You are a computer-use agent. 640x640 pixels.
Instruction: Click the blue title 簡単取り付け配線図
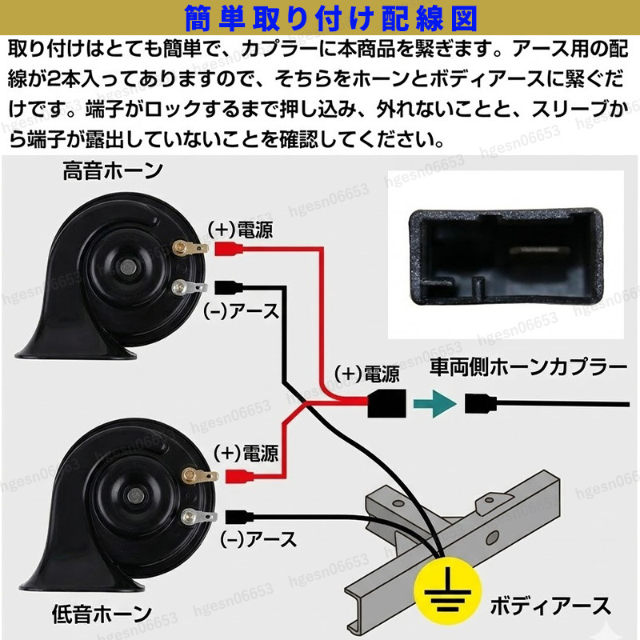click(x=330, y=18)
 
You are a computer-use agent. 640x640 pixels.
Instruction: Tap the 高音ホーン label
click(x=113, y=170)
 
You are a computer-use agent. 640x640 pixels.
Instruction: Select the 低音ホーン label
click(x=102, y=614)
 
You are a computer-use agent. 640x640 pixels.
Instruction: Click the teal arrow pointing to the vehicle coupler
click(x=434, y=403)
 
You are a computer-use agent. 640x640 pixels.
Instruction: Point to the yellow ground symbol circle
click(x=448, y=590)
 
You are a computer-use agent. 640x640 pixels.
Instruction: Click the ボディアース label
click(x=550, y=606)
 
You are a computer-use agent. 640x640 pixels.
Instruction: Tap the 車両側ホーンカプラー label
click(x=529, y=367)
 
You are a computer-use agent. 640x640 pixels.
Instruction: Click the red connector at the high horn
click(x=229, y=249)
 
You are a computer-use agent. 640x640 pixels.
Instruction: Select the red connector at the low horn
click(x=239, y=476)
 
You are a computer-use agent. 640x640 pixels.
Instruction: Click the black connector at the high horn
click(x=229, y=287)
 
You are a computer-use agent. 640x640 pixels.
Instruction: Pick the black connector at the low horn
click(x=239, y=517)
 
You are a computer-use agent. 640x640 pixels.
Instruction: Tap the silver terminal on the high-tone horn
click(x=189, y=287)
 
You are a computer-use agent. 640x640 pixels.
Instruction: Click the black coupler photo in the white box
click(x=506, y=257)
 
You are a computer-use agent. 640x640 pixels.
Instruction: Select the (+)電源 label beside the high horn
click(x=241, y=230)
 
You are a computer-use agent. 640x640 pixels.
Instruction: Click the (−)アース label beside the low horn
click(x=258, y=539)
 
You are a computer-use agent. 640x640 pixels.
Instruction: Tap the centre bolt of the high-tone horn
click(x=130, y=267)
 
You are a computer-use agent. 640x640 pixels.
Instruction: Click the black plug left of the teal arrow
click(x=387, y=403)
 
